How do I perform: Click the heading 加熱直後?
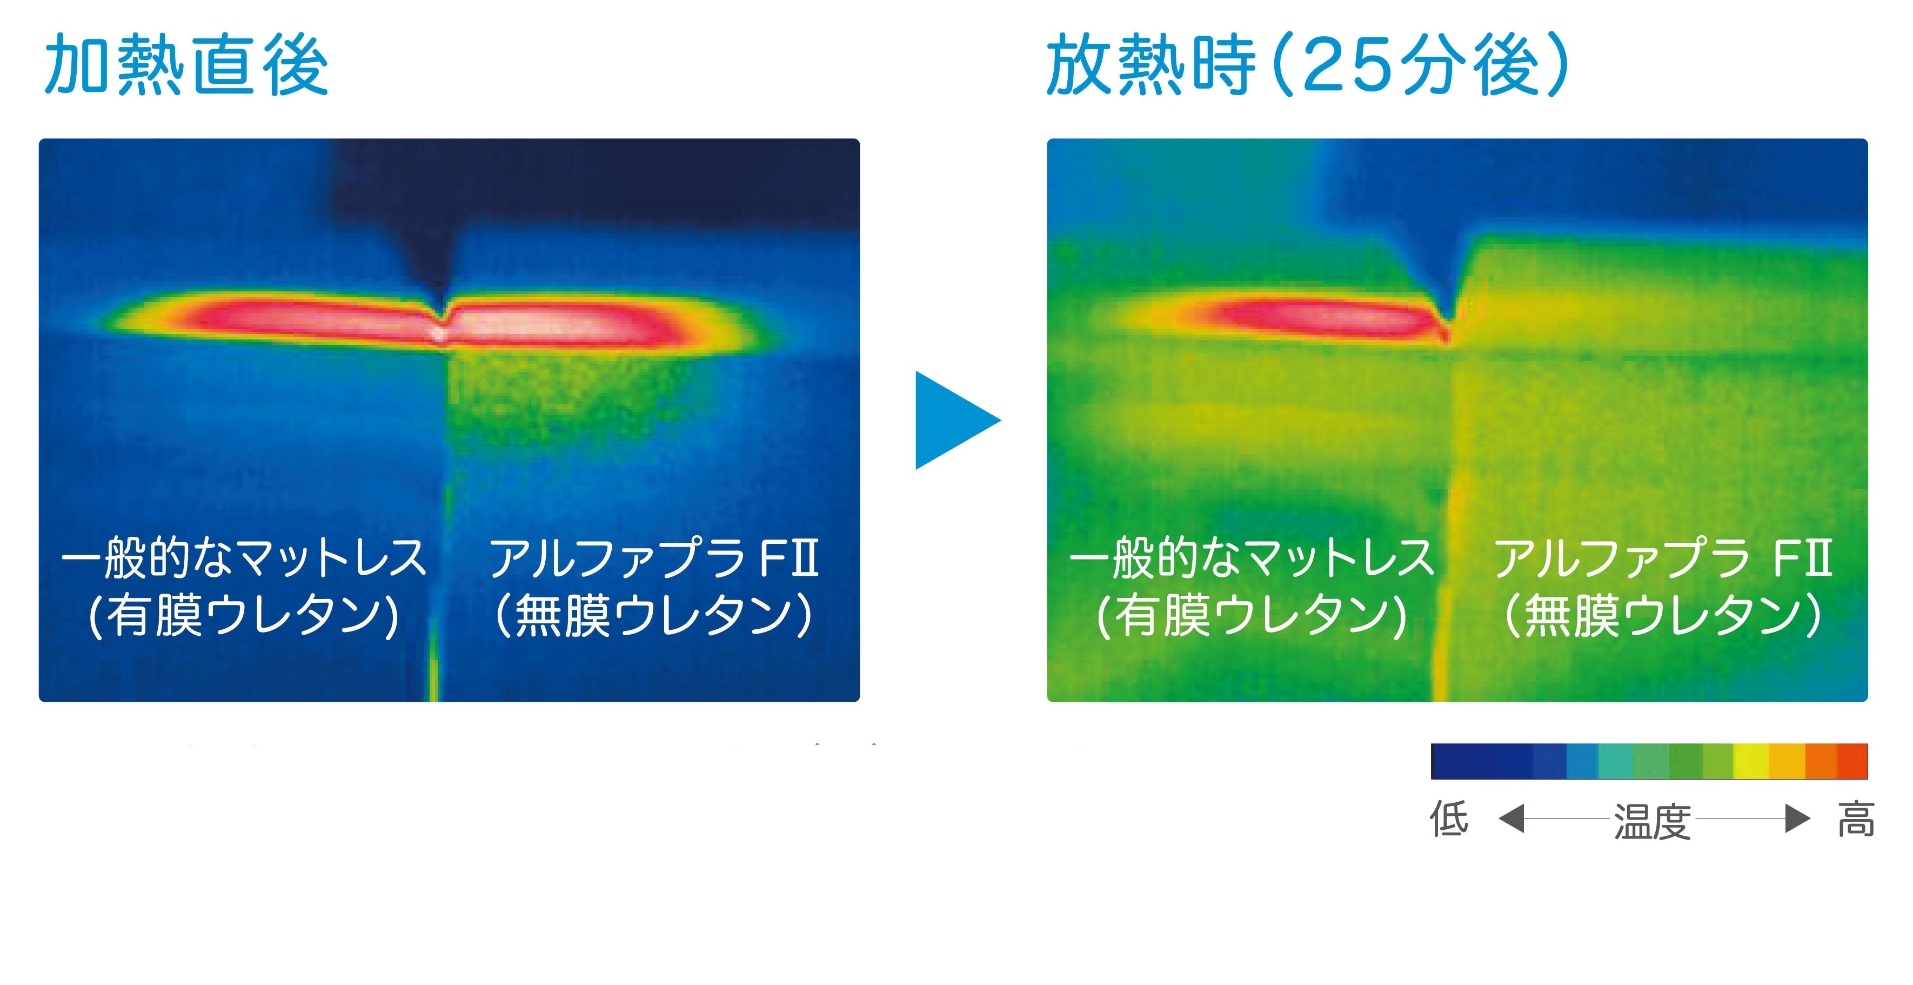pos(186,65)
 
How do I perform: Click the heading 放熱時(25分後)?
pos(1308,65)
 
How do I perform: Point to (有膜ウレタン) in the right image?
pos(1252,616)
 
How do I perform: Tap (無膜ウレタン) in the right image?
pos(1663,616)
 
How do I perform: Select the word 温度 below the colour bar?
pos(1653,821)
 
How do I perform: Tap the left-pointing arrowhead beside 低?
pos(1512,818)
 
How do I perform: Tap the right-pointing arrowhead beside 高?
pos(1797,818)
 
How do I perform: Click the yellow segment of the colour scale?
pos(1751,761)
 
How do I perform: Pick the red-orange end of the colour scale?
pos(1852,761)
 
